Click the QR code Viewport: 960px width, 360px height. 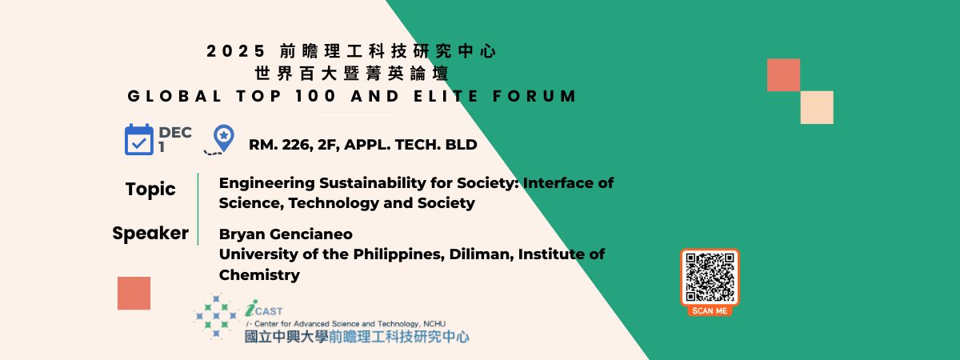pos(710,277)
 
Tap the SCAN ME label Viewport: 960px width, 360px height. pos(710,310)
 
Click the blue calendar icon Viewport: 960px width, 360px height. pos(139,140)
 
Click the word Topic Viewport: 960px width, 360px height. pos(150,190)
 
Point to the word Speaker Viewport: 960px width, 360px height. pos(150,234)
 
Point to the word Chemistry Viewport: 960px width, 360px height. pos(259,275)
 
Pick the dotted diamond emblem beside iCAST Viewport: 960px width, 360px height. pos(216,316)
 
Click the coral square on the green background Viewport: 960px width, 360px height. pos(783,75)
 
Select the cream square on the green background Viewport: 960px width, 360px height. pos(817,107)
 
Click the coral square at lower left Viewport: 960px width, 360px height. pos(134,293)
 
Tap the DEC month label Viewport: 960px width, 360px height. pos(175,133)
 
